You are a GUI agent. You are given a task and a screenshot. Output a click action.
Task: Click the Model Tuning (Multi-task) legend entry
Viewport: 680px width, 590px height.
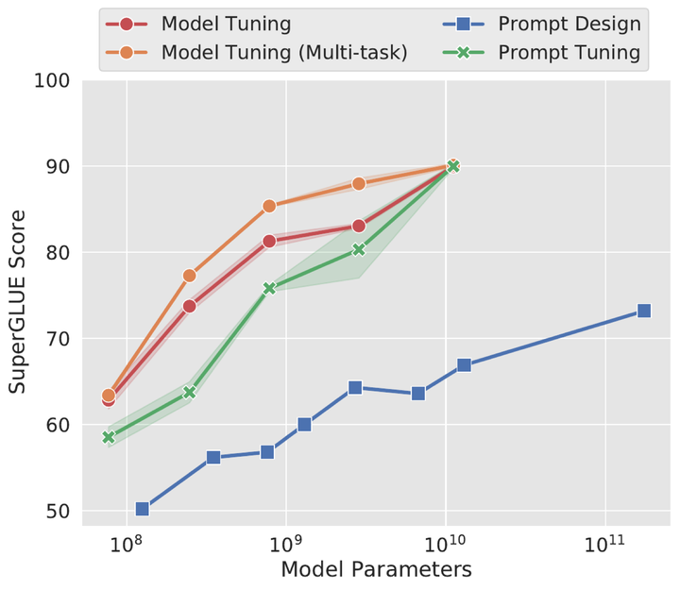pos(284,53)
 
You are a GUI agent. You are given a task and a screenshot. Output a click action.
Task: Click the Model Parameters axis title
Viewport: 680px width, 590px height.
pos(376,569)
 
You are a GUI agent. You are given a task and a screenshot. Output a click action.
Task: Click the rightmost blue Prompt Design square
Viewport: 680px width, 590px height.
pos(644,311)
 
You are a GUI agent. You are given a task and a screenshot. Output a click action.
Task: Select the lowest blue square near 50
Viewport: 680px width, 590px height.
pos(143,509)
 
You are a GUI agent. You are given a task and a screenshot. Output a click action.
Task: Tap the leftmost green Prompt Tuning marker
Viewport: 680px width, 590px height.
pos(109,437)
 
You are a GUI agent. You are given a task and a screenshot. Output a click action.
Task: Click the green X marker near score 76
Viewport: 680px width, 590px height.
pos(269,288)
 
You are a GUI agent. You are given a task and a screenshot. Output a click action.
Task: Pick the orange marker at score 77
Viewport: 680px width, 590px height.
pos(189,276)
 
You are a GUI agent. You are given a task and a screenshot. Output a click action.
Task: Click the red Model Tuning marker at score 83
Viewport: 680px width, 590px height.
pos(359,226)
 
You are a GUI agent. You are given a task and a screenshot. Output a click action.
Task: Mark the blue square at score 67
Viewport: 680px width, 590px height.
pos(464,365)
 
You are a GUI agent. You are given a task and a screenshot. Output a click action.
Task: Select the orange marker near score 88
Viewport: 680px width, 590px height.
pos(359,183)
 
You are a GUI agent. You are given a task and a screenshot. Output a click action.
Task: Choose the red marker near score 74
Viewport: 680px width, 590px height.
pos(189,306)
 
